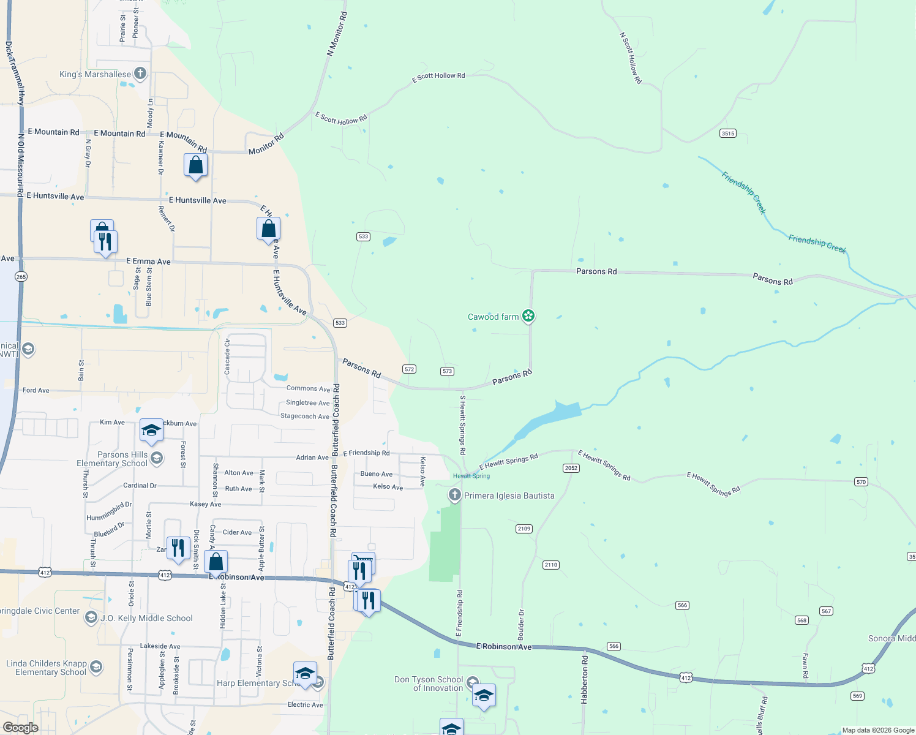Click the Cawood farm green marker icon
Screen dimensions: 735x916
[528, 316]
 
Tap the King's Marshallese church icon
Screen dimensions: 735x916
[140, 74]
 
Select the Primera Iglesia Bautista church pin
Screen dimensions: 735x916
[454, 495]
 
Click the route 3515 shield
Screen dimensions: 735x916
[727, 134]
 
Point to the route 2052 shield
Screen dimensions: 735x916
[571, 468]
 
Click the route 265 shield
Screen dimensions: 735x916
[21, 277]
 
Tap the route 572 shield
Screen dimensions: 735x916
[410, 369]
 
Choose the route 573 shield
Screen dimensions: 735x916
[447, 371]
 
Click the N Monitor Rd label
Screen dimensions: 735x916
[337, 34]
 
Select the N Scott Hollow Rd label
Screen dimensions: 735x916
[631, 58]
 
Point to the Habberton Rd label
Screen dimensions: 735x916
[585, 679]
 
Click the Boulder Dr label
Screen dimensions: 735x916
[521, 625]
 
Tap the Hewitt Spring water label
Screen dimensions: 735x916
[471, 476]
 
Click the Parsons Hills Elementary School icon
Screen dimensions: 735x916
[157, 458]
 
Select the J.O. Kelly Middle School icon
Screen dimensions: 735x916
[91, 617]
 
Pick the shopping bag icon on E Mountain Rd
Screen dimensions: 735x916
[195, 165]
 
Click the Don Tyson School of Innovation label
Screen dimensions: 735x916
[429, 684]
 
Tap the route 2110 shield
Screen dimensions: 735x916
[550, 565]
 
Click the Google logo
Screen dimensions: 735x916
[21, 728]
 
